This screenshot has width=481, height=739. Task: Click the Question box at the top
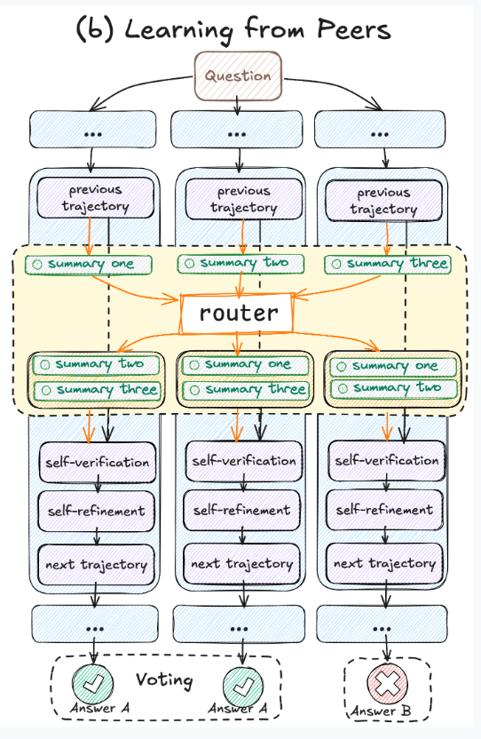tap(239, 75)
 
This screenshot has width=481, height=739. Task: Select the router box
tap(237, 314)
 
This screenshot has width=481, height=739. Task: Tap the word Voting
tap(164, 680)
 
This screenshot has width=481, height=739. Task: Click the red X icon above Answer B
tap(387, 682)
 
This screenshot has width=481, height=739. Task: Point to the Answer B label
tap(381, 711)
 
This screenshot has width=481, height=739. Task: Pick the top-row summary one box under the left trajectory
tap(89, 265)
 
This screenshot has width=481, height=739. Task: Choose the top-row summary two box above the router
tap(240, 264)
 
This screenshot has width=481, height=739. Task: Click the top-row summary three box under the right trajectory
tap(387, 264)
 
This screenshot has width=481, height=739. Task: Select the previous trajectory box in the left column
tap(96, 197)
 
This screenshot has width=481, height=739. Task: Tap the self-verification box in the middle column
tap(243, 461)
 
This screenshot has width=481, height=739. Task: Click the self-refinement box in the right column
tap(384, 510)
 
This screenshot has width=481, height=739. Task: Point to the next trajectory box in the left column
tap(96, 565)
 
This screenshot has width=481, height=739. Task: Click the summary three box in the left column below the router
tap(97, 390)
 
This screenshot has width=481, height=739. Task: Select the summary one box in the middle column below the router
tap(245, 365)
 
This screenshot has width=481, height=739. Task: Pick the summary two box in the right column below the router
tap(393, 388)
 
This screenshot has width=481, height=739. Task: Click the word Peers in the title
tap(354, 29)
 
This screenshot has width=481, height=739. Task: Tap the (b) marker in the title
tap(95, 29)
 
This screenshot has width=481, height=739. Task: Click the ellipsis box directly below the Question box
tap(236, 130)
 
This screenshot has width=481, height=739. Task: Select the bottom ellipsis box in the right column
tap(382, 624)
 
